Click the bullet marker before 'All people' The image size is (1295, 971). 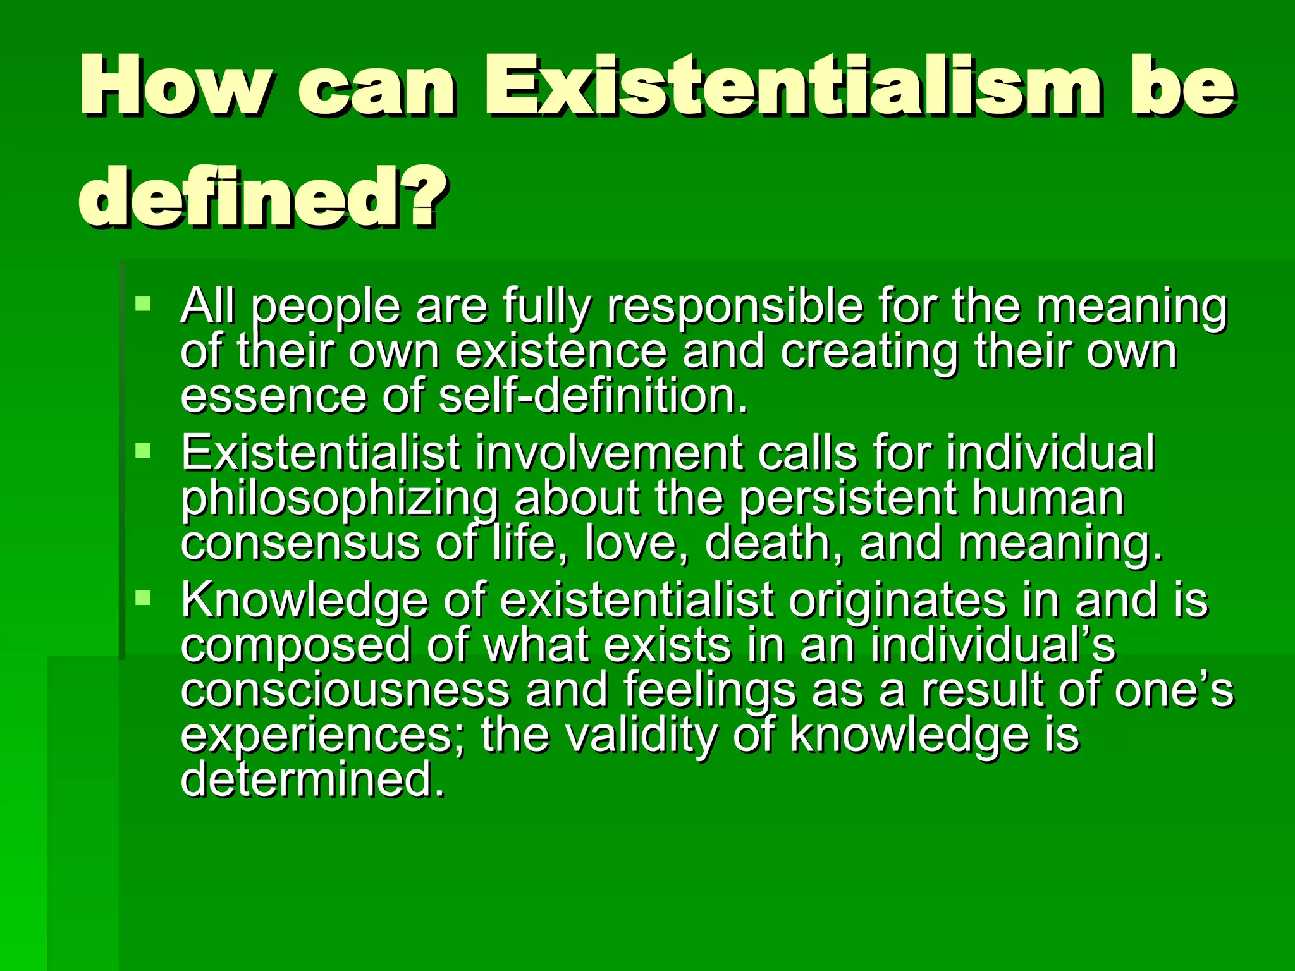[x=144, y=303]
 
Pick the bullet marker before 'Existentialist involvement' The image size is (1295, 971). [x=144, y=451]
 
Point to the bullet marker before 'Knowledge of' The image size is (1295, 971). [x=144, y=597]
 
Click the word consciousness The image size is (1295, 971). [x=345, y=690]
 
